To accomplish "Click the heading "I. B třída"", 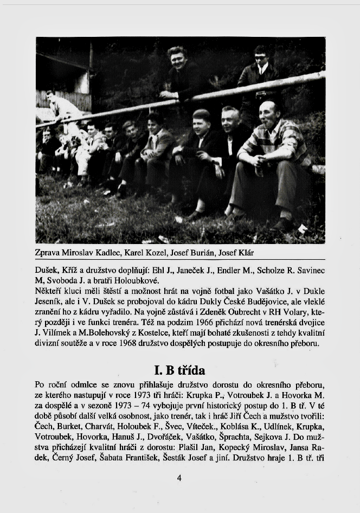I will [179, 371].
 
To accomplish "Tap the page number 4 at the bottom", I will [179, 478].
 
